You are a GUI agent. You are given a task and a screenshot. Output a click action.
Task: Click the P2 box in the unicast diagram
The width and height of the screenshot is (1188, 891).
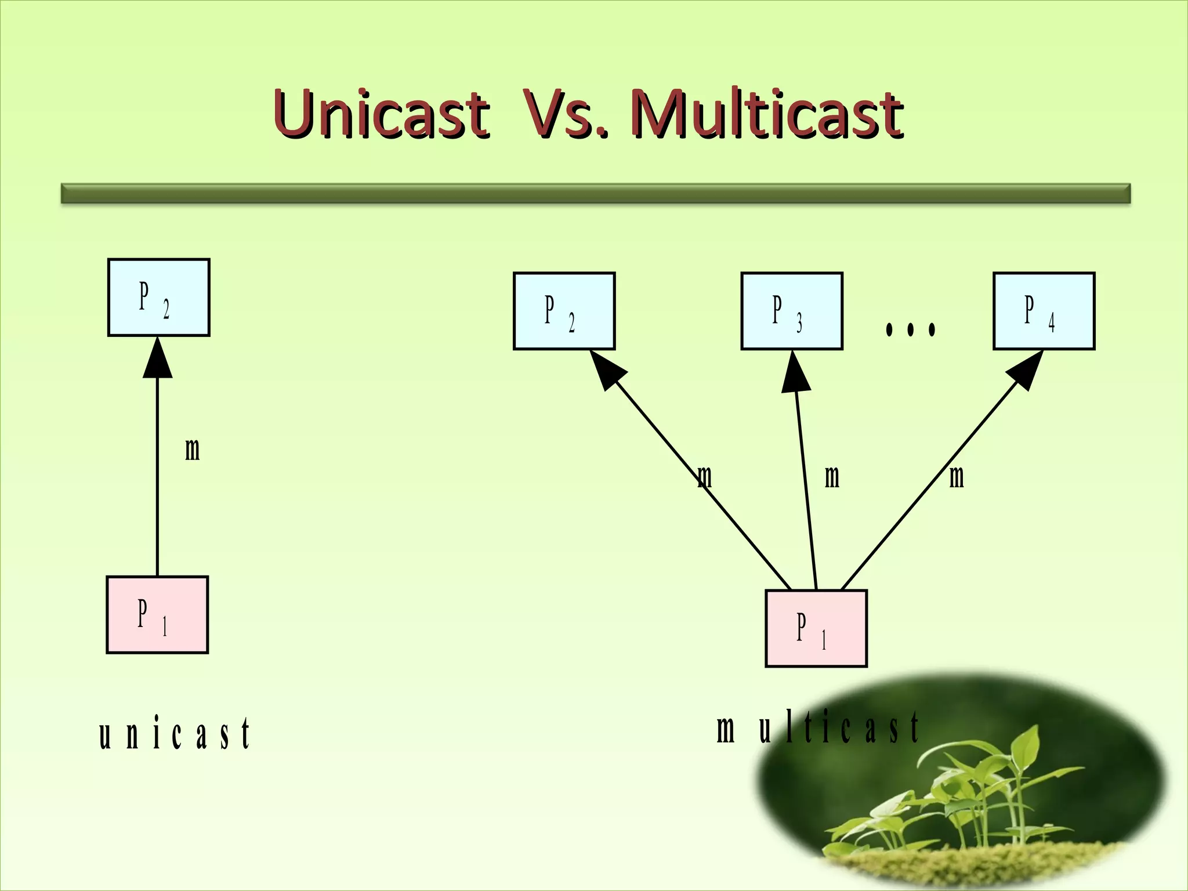[x=158, y=297]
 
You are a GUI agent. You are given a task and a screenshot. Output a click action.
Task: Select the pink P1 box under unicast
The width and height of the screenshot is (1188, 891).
[x=157, y=615]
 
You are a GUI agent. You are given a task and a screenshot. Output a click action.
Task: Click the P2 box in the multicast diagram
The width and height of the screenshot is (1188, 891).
[x=564, y=311]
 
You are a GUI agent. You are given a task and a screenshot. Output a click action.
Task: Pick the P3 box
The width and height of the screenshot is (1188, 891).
[x=791, y=311]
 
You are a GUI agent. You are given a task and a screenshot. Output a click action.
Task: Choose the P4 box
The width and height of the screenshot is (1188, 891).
[x=1044, y=311]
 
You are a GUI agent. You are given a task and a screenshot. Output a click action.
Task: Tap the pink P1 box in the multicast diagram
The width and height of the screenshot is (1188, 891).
[x=816, y=628]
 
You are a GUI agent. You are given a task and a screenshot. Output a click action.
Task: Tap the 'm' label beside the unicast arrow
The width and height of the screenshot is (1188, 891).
[x=192, y=450]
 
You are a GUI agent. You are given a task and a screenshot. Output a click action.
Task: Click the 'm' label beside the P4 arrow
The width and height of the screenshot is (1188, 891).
[x=957, y=477]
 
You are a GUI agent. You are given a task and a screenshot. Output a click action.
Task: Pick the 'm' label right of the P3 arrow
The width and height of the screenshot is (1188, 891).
[x=832, y=477]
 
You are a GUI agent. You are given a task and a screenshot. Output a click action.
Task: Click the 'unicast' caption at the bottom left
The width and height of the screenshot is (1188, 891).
[x=174, y=734]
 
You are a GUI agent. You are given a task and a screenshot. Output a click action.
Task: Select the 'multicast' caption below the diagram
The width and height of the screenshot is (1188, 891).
[x=818, y=729]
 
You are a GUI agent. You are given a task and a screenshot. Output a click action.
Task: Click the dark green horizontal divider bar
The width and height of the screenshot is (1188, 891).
[x=596, y=193]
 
